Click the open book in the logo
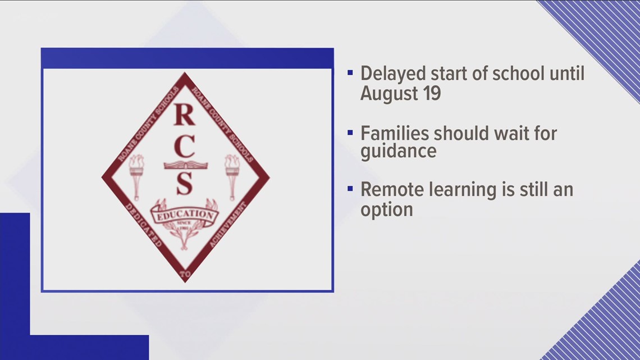click(185, 165)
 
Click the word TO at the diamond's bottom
click(185, 274)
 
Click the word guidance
click(398, 152)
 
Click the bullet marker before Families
click(350, 134)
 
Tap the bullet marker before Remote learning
click(350, 190)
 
